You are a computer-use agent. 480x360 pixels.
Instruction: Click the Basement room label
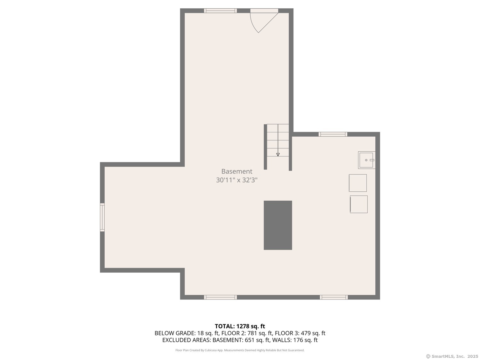236,172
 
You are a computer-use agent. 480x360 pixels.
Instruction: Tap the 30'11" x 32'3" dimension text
236,180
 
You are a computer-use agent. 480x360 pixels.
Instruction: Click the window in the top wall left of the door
220,11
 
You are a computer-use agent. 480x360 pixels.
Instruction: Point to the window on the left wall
102,217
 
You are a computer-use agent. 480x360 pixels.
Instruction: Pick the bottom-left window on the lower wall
220,297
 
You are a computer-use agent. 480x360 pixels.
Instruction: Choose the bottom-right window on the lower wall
334,297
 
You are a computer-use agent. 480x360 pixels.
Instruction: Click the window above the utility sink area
333,134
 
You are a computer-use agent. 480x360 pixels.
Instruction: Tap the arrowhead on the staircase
278,155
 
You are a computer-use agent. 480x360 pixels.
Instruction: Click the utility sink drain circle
366,160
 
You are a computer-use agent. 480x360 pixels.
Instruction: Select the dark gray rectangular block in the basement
278,225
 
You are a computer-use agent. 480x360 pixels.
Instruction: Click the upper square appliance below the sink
358,183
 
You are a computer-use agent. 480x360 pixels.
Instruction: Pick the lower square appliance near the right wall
359,204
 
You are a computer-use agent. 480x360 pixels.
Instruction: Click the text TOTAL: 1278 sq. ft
240,326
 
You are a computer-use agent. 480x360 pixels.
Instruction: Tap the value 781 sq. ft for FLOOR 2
260,333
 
